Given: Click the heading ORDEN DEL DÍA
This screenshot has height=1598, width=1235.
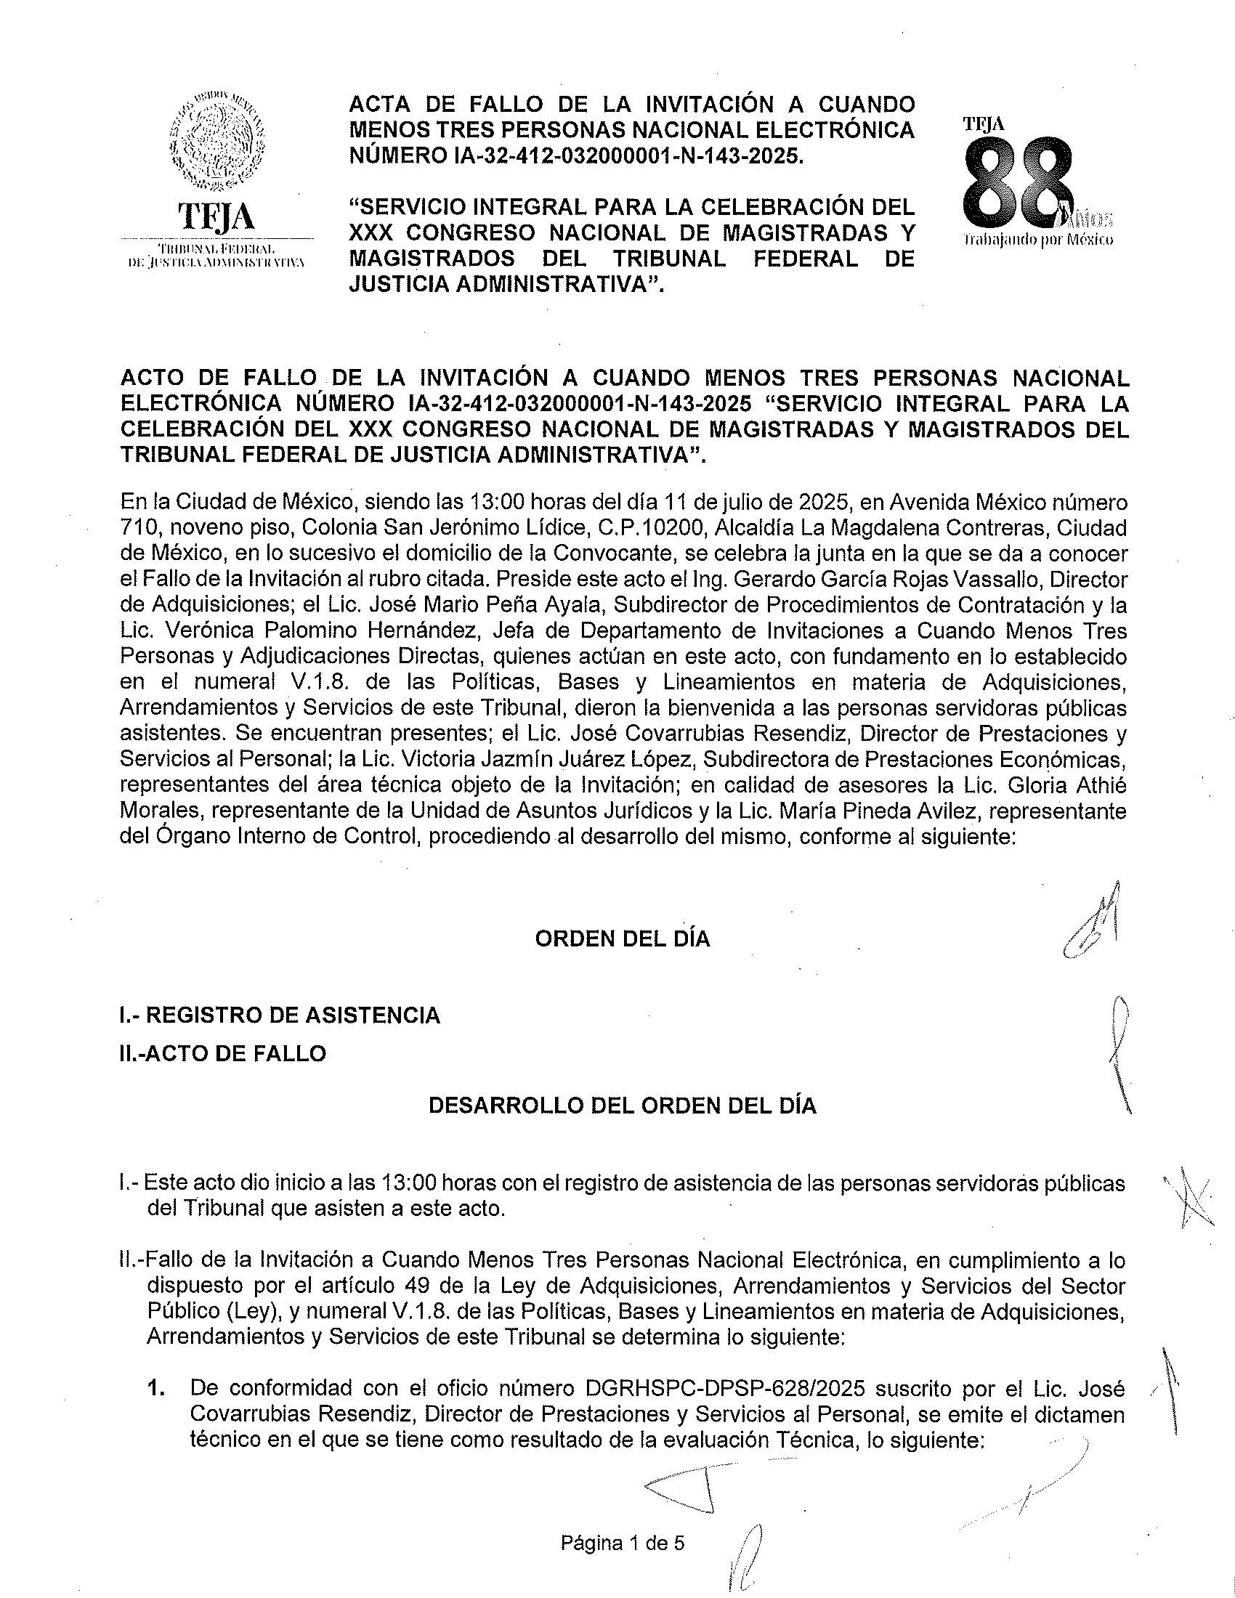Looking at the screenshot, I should click(x=623, y=938).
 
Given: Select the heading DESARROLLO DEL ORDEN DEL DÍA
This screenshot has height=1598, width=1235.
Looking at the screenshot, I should click(x=622, y=1105).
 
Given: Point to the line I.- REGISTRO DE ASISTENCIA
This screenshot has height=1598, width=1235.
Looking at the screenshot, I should click(x=280, y=1015).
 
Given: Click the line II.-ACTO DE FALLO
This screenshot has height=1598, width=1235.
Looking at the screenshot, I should click(x=223, y=1054).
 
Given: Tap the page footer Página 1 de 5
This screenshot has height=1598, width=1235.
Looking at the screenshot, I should click(x=623, y=1543).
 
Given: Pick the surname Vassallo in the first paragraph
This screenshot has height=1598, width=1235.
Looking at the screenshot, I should click(x=1005, y=579).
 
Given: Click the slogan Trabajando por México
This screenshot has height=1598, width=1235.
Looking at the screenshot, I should click(x=1038, y=239).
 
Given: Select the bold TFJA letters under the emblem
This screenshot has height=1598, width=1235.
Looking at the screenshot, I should click(x=216, y=216).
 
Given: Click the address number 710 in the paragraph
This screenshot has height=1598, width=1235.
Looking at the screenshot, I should click(x=136, y=527).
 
